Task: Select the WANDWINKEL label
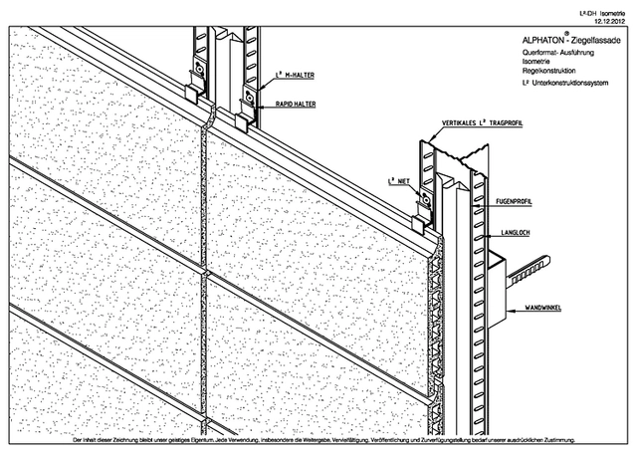(536, 310)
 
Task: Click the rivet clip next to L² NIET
(425, 199)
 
